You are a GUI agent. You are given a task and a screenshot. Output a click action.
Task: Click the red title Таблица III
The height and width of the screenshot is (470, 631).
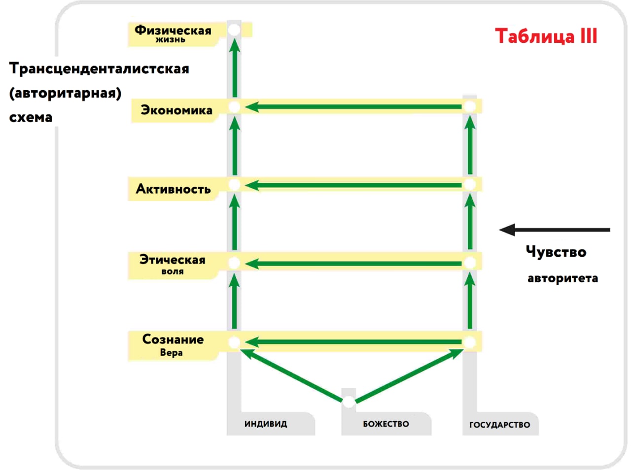546,36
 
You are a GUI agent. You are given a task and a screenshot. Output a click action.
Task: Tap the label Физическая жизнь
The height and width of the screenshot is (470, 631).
173,34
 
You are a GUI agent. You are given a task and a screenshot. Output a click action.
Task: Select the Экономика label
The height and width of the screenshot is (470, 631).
176,110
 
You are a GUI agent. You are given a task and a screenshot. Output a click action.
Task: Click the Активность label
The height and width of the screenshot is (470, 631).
173,189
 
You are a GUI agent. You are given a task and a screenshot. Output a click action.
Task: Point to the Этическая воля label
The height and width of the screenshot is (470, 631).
172,264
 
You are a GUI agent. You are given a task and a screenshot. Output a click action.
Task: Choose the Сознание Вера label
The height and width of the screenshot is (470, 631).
173,345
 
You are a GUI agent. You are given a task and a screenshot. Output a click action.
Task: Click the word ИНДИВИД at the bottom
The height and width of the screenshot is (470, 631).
266,424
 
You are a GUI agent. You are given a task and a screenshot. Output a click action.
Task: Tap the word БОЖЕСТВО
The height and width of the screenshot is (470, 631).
386,424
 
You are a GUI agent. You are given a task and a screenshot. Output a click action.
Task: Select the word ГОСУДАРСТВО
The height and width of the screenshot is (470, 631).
500,425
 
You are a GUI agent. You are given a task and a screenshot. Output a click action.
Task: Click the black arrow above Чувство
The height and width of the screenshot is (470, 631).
555,230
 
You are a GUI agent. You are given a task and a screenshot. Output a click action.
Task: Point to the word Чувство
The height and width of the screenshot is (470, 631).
556,252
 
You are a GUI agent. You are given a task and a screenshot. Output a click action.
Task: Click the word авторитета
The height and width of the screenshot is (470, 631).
562,278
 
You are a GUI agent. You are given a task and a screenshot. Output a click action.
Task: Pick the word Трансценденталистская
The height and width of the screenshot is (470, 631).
99,69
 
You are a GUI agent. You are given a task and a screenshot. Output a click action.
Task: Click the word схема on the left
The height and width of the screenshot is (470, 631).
31,117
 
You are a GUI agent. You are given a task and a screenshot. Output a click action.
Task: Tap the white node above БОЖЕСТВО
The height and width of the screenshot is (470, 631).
349,402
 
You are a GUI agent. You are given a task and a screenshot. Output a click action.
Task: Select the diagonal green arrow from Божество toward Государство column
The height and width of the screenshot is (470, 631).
409,375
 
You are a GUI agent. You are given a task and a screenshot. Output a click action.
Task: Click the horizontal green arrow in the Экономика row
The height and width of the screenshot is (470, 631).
353,107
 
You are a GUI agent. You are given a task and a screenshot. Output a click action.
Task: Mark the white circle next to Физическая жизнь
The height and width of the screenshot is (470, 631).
234,30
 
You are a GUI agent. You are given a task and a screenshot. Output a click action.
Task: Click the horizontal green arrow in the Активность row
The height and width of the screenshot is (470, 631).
353,185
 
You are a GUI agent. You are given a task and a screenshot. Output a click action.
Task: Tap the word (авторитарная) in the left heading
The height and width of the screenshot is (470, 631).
65,94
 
